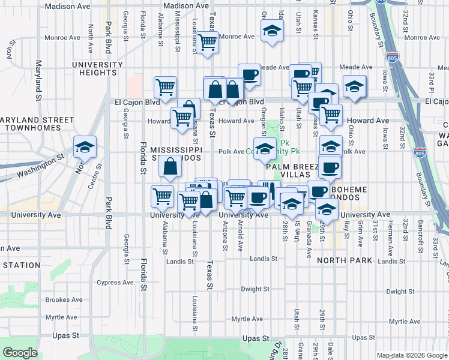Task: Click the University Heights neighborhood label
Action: pos(94,68)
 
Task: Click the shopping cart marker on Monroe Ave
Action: pos(207,43)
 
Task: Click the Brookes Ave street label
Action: pos(64,299)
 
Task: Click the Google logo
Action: pos(20,353)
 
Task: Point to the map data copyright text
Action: pos(411,355)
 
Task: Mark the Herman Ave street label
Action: pos(390,233)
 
